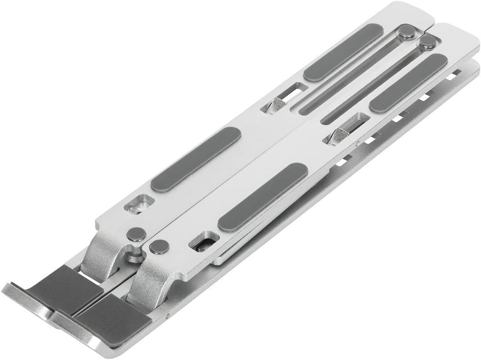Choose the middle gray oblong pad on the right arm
click(262, 197)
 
